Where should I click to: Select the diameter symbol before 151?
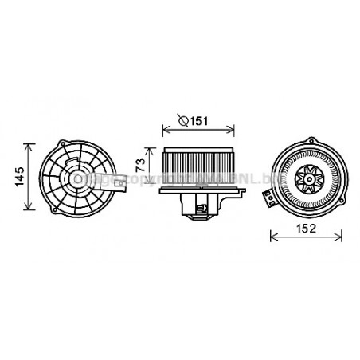182,121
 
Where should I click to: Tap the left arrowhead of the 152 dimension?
273,237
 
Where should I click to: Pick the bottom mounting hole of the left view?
78,217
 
